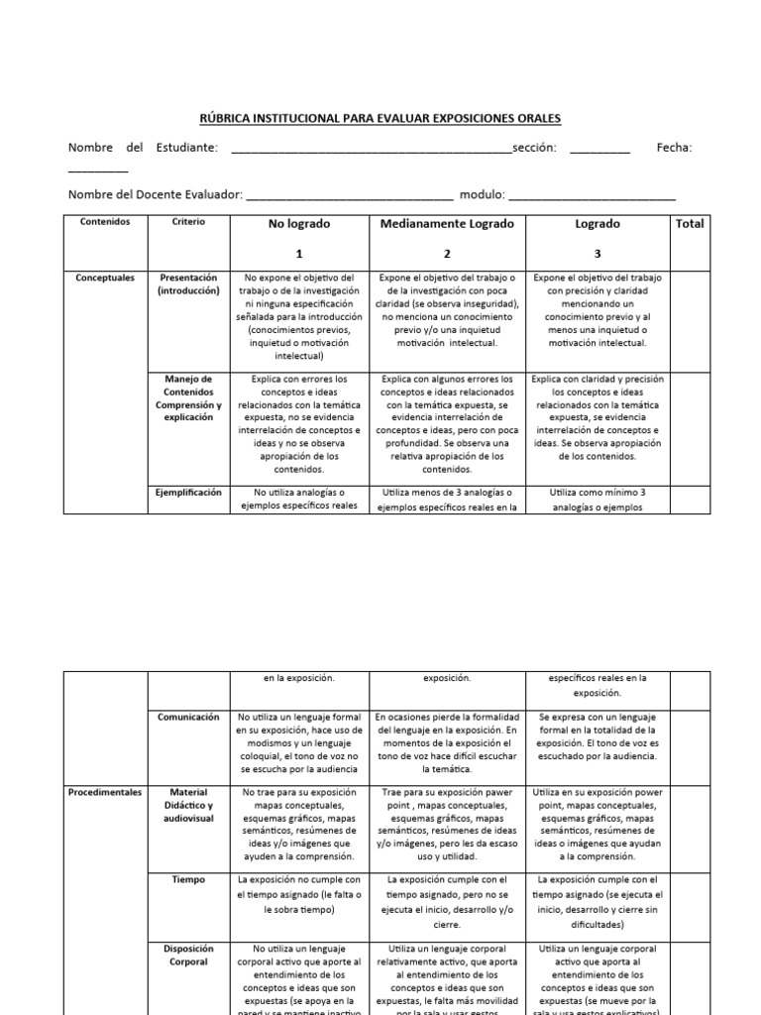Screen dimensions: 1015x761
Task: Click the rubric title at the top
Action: tap(380, 119)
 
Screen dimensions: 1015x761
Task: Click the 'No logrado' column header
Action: tap(299, 224)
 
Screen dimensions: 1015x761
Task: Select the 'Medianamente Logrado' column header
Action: tap(448, 224)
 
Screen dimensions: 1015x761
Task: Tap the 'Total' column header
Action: tap(690, 224)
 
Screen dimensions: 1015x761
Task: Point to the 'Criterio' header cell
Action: tap(188, 222)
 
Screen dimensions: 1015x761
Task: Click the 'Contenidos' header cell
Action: tap(105, 222)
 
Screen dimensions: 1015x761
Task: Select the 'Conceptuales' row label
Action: tap(105, 279)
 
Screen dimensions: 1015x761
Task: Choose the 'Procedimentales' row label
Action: tap(105, 792)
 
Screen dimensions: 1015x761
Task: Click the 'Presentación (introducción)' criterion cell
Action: tap(188, 284)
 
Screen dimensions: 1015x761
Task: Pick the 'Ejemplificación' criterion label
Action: tap(188, 492)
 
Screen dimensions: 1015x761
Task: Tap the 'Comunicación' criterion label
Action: tap(188, 717)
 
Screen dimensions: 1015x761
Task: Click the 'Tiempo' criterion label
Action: tap(188, 878)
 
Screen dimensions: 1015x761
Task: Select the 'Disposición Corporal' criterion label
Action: tap(188, 955)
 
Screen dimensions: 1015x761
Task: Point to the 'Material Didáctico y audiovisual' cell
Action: tap(188, 805)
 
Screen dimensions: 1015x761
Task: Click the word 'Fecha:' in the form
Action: tap(674, 148)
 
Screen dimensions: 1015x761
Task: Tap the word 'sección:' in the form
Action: tap(534, 148)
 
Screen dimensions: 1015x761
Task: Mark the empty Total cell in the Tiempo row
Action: tap(690, 901)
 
